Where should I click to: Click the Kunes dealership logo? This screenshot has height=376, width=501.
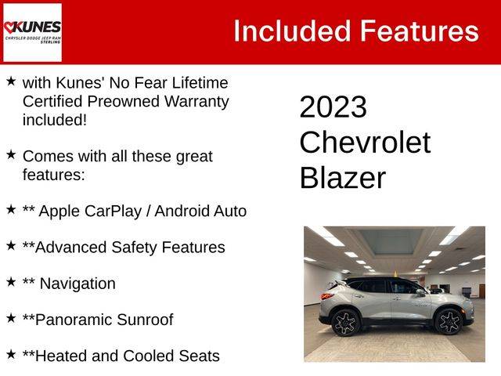click(x=32, y=32)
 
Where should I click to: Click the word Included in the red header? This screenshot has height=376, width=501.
click(x=292, y=31)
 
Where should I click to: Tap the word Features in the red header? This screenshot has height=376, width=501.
click(x=420, y=31)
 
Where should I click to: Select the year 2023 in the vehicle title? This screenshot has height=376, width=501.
click(x=333, y=107)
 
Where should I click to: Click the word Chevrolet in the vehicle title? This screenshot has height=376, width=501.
click(x=365, y=143)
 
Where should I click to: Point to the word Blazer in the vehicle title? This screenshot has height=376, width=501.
click(x=343, y=178)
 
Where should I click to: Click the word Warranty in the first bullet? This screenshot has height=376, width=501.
click(x=196, y=102)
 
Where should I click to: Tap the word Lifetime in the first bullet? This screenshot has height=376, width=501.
click(x=200, y=83)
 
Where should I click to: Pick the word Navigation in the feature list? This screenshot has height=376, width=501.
click(x=77, y=284)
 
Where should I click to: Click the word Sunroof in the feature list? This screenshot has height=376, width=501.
click(x=145, y=320)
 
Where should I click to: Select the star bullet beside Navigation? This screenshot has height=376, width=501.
click(x=11, y=282)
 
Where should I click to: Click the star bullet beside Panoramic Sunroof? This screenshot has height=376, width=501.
click(x=11, y=318)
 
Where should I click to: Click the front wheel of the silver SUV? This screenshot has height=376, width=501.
click(x=449, y=321)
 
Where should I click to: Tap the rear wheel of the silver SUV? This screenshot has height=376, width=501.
click(x=346, y=323)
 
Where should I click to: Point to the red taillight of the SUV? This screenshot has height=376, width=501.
click(x=326, y=296)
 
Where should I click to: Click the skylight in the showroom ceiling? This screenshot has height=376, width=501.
click(x=391, y=241)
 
